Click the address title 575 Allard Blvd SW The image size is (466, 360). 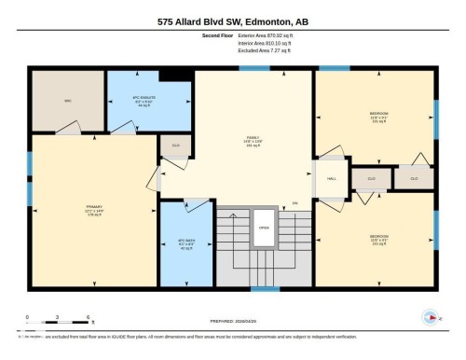[x=232, y=21]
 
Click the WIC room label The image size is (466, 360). [x=68, y=101]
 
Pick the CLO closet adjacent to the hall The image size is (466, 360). [x=370, y=177]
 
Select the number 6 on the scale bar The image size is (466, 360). [x=87, y=317]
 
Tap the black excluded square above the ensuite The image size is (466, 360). [x=172, y=76]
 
